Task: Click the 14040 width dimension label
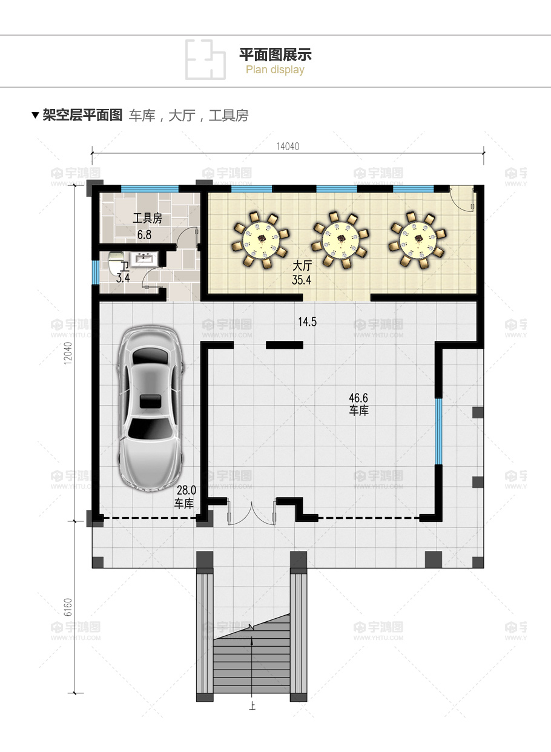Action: tap(288, 147)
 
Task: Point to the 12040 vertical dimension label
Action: tap(68, 353)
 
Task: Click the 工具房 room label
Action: tap(147, 218)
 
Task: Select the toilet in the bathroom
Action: tap(116, 262)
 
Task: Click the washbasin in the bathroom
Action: tap(144, 259)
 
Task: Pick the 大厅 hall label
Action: tap(302, 266)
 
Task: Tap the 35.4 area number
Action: tap(302, 280)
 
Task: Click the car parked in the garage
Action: tap(150, 408)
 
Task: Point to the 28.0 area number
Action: tap(186, 490)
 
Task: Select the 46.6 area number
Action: tap(358, 398)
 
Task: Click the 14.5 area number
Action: tap(307, 322)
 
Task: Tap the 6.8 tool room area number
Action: tap(144, 235)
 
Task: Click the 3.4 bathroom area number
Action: tap(123, 278)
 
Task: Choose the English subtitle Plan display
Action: tap(275, 70)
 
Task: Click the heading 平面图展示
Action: tap(275, 54)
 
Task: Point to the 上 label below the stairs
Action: tap(252, 705)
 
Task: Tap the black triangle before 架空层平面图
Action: tap(35, 115)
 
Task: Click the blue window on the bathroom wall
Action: tap(96, 272)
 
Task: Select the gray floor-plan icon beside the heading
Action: tap(205, 59)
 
